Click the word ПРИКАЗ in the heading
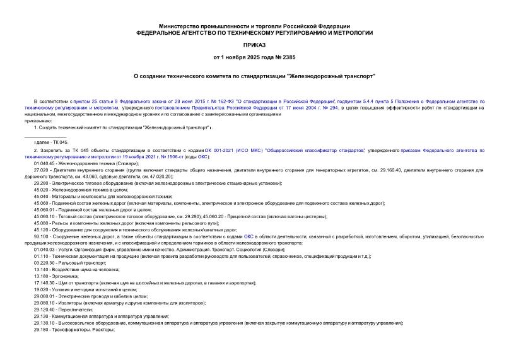(254, 45)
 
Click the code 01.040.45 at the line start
(45, 163)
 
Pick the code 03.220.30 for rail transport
(45, 262)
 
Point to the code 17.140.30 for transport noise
(45, 282)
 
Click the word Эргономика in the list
(66, 276)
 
